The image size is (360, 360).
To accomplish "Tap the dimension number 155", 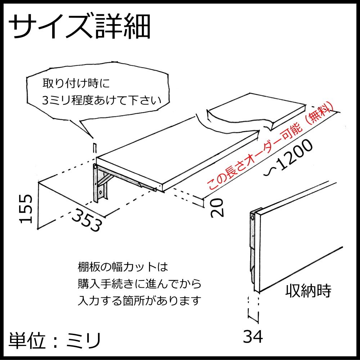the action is tap(26, 208).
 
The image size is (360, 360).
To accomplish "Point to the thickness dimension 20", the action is tap(217, 207).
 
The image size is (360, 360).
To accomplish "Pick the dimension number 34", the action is tap(253, 337).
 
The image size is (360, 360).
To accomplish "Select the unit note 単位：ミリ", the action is tap(54, 340).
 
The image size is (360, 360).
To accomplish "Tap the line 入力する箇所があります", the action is tap(139, 300).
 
